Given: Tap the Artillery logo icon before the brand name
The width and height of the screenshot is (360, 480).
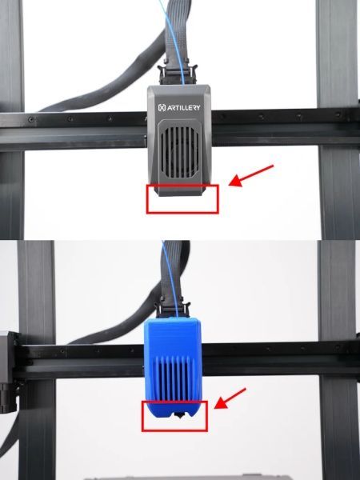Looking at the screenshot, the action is (x=162, y=108).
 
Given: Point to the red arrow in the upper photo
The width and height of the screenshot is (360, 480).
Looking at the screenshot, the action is (x=251, y=175).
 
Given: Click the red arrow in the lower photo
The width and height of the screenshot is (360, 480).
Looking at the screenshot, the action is (x=230, y=398).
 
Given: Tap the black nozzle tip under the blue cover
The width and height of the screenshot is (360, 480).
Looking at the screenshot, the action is (x=178, y=414).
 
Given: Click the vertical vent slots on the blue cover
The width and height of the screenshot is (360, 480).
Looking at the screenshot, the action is (x=174, y=378).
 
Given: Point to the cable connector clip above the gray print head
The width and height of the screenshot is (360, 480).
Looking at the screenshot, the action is (x=178, y=74).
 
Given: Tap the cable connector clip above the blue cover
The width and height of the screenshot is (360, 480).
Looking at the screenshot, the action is (x=173, y=310).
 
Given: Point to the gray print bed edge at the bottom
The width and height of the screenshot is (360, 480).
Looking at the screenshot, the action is (x=186, y=478).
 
